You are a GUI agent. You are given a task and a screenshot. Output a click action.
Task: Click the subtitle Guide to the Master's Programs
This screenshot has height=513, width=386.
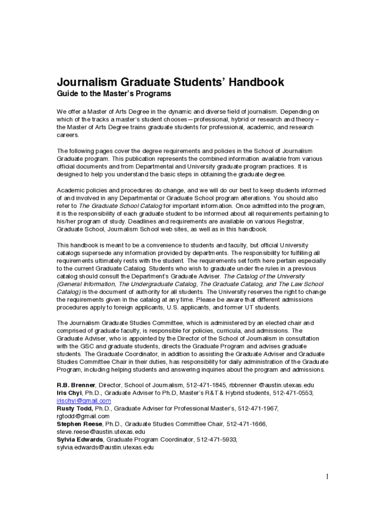tap(114, 94)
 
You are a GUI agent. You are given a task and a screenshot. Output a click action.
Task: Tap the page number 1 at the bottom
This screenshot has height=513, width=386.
tap(327, 476)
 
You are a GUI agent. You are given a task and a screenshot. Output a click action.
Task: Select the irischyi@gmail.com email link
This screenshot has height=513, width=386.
tap(84, 401)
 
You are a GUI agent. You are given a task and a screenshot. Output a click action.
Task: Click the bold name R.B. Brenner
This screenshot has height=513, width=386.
tap(75, 385)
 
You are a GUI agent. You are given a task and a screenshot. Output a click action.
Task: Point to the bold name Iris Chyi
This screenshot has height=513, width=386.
tap(69, 393)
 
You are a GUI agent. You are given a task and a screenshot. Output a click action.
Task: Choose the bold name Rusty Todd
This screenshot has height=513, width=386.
tap(75, 408)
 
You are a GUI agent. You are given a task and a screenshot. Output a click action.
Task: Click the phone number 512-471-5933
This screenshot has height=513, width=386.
tap(217, 439)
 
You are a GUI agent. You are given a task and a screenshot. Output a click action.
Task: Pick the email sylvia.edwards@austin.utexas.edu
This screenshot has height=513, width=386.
tap(105, 447)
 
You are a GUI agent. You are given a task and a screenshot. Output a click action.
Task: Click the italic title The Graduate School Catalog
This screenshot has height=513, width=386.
tap(120, 206)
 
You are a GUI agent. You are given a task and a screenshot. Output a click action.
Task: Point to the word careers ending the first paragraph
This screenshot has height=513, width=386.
tap(68, 135)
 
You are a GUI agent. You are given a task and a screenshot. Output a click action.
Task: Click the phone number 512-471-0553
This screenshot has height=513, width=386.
tap(293, 393)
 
